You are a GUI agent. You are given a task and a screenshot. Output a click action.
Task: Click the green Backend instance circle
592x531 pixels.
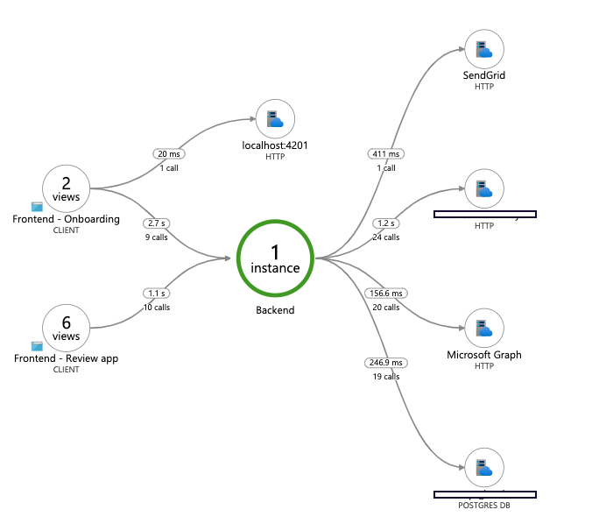point(275,258)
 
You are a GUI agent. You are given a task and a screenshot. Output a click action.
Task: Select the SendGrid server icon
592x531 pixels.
point(484,50)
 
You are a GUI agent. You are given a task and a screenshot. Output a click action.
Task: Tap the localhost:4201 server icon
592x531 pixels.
point(275,119)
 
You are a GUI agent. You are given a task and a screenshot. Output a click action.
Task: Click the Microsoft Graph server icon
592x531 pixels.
point(484,329)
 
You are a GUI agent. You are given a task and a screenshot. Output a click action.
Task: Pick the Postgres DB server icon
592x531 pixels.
point(484,468)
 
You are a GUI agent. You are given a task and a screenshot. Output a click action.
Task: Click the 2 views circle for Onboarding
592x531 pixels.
point(67,188)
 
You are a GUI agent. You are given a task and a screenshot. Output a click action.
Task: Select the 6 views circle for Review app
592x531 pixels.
point(67,329)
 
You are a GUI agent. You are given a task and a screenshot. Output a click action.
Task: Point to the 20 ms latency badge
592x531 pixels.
point(168,153)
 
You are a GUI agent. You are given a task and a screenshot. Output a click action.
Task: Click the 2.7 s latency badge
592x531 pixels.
point(159,223)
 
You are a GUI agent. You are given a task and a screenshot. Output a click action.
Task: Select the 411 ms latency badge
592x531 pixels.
point(386,153)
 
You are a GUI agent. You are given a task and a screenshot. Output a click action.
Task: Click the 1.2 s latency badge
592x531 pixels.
point(386,223)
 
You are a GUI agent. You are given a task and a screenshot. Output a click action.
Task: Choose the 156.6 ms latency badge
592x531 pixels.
point(385,294)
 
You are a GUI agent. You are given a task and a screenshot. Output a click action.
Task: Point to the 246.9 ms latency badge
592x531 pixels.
point(386,362)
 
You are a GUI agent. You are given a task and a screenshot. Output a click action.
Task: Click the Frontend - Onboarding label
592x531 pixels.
point(67,219)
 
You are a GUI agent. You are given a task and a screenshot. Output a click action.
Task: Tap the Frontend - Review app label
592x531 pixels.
point(67,358)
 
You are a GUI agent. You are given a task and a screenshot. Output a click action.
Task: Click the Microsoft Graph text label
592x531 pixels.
point(484,355)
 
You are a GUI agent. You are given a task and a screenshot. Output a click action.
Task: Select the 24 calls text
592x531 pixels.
point(386,237)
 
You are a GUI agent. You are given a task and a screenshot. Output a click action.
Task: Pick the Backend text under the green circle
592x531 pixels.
point(275,310)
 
